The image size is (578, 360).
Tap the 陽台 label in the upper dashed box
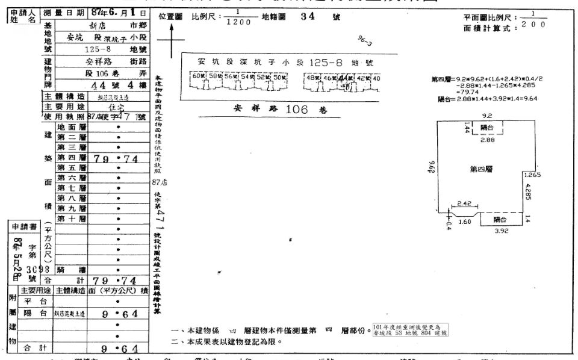click(488, 128)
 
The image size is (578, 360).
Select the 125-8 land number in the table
click(100, 49)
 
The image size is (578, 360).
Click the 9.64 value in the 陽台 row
click(120, 313)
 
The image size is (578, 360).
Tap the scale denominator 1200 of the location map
click(238, 22)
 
